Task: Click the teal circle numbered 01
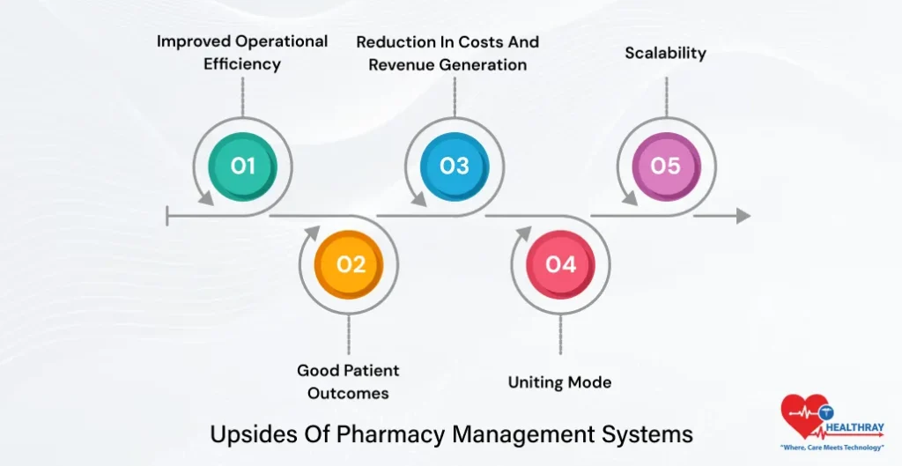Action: [x=243, y=165]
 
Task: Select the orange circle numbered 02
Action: [x=350, y=264]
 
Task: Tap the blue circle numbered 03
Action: [x=455, y=165]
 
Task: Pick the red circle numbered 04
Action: [x=561, y=264]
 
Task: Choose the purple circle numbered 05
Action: [x=666, y=165]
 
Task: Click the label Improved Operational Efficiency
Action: [x=242, y=52]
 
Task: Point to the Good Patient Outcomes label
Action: [x=348, y=381]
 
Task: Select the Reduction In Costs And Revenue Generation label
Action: [x=447, y=53]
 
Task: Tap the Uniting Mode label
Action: [x=559, y=382]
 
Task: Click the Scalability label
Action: [x=666, y=53]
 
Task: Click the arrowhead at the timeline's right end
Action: [x=743, y=216]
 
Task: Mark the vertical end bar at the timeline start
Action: [x=167, y=216]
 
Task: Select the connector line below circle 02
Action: [x=350, y=335]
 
